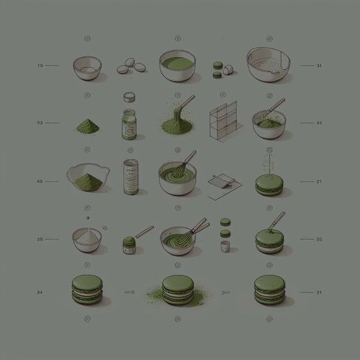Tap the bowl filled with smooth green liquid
pos(178,65)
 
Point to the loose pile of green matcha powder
pos(88,125)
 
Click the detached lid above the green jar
pos(128,97)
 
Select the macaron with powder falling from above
pos(268,183)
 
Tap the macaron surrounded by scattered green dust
pos(178,289)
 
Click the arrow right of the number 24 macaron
pos(128,292)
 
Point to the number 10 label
pos(40,65)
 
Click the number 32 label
pos(40,123)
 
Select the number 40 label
pos(40,181)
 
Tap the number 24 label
pos(40,292)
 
